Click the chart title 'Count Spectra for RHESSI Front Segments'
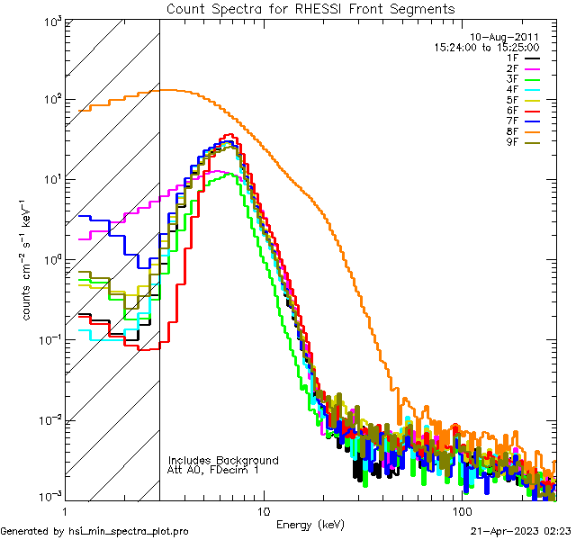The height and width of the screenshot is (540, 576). pyautogui.click(x=310, y=8)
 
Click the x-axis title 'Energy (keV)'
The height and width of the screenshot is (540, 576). pyautogui.click(x=310, y=525)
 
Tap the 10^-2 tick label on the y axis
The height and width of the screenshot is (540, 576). pyautogui.click(x=47, y=419)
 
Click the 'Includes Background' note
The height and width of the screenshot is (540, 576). pyautogui.click(x=222, y=460)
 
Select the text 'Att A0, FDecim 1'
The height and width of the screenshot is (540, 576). pyautogui.click(x=213, y=470)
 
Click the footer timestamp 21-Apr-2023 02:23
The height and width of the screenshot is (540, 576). pyautogui.click(x=520, y=531)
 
